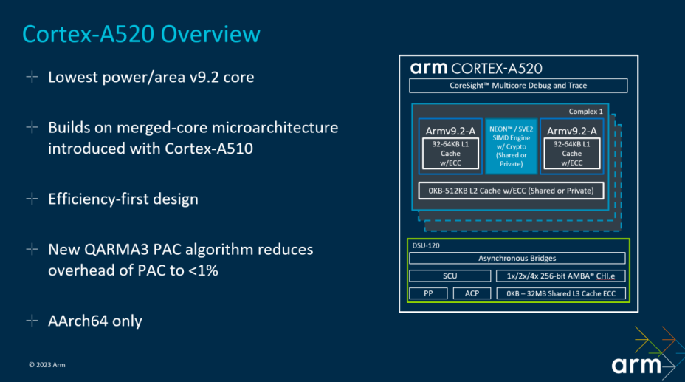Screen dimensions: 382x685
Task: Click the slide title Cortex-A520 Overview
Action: pos(141,33)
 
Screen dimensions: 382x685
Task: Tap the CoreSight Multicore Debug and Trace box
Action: pos(518,86)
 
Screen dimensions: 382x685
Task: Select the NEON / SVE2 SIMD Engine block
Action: pos(511,146)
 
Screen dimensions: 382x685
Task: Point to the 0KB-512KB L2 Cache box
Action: pos(511,191)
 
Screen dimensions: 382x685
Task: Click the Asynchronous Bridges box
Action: pos(517,259)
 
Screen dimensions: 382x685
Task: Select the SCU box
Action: pos(450,276)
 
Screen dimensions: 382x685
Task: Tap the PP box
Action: pos(428,293)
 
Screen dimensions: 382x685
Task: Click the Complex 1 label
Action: pos(585,112)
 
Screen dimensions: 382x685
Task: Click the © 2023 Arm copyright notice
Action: pos(47,364)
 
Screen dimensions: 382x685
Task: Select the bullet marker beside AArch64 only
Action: pos(32,321)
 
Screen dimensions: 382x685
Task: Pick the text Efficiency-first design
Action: pos(123,199)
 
